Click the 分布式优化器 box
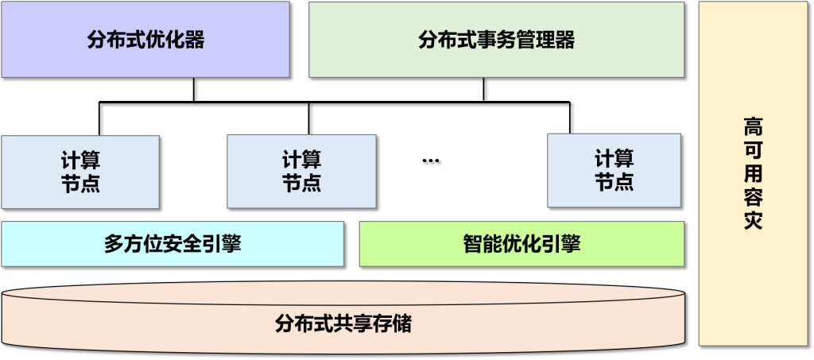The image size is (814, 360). [145, 39]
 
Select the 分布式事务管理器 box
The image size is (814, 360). [496, 39]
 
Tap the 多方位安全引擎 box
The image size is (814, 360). [172, 244]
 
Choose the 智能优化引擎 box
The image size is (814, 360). [521, 244]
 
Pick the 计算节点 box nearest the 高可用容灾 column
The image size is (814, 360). [614, 170]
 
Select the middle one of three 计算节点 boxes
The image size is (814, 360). [301, 170]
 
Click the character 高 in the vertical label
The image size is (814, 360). [753, 126]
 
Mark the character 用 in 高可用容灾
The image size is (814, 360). [753, 173]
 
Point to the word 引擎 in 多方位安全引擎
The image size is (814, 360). [222, 244]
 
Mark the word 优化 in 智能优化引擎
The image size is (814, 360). [521, 244]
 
